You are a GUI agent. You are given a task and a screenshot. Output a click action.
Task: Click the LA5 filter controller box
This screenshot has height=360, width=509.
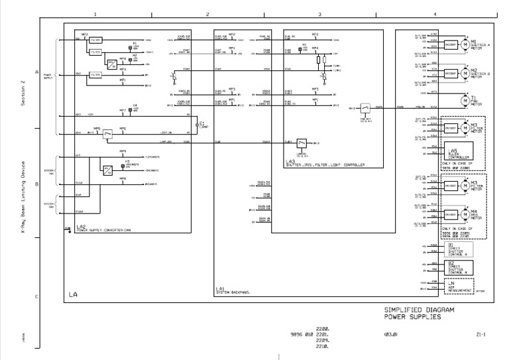coord(456,154)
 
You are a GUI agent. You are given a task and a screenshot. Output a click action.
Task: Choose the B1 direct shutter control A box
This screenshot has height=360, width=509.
coord(457,250)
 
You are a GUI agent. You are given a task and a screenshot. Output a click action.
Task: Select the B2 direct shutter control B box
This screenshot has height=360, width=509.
coord(457,267)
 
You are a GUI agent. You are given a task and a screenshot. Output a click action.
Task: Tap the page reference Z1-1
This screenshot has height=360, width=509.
coord(481,335)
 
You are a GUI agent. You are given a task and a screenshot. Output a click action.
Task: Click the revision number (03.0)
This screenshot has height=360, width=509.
coord(390,335)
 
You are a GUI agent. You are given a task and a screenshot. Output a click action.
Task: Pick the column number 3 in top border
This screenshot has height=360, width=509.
coord(319,14)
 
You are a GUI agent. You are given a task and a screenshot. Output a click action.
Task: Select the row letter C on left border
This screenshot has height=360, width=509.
coord(36,297)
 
